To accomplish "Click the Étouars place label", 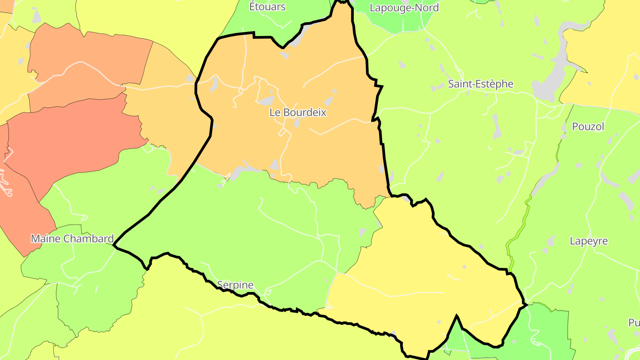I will [x=267, y=7].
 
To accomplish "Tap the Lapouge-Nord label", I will [x=404, y=8].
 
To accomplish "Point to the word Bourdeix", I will [x=304, y=112].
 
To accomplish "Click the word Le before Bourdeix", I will [x=275, y=112].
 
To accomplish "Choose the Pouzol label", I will [x=588, y=127].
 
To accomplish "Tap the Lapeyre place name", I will [x=588, y=241].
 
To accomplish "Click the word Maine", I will [x=45, y=239].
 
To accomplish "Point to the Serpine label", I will [x=235, y=285].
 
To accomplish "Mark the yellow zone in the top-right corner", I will [x=609, y=44].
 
